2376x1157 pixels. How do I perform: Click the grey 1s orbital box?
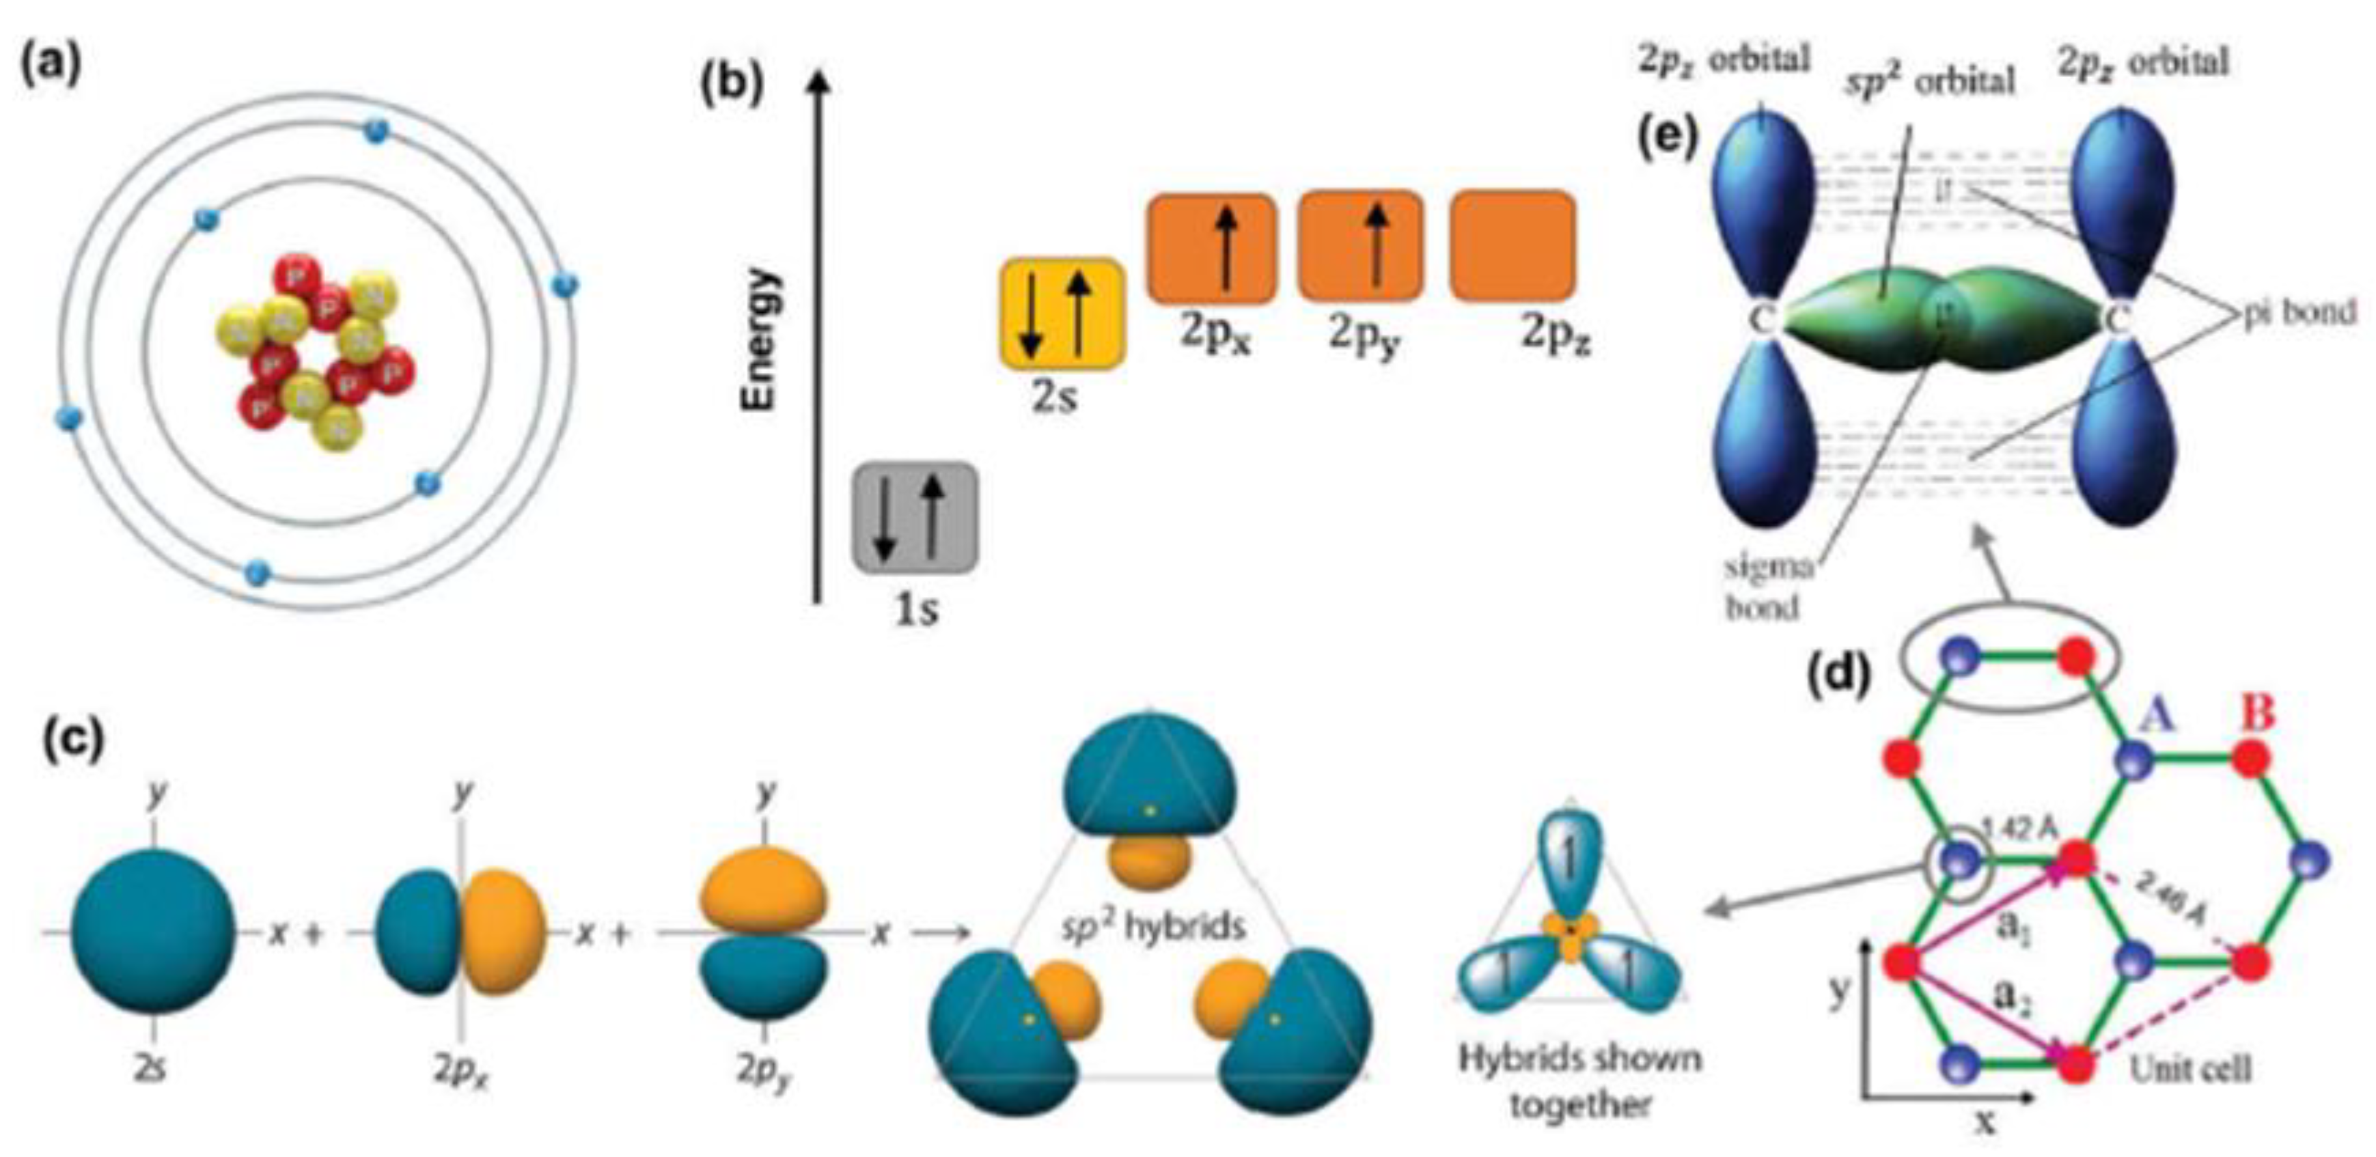tap(914, 518)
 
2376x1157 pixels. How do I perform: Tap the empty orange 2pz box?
tap(1512, 246)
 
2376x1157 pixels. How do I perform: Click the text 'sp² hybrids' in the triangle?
tap(1152, 925)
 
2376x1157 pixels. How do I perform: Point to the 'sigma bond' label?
tap(1767, 587)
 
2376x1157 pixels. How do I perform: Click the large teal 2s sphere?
tap(152, 933)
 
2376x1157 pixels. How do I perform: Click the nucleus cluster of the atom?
tap(314, 352)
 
